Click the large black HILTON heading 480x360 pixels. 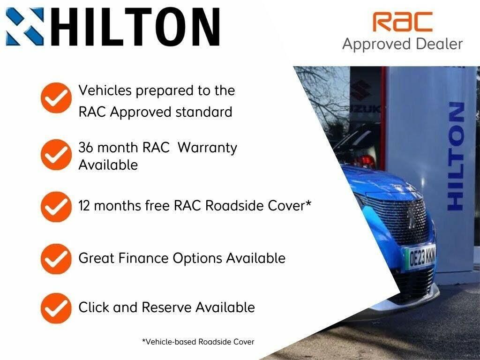point(135,27)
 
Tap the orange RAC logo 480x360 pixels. point(402,22)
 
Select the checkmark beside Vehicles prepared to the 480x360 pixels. point(56,98)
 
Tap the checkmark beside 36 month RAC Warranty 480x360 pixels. point(56,155)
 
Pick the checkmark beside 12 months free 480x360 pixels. point(56,207)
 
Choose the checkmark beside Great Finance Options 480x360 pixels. point(56,259)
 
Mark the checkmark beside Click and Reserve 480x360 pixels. point(56,308)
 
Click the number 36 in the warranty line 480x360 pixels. point(86,148)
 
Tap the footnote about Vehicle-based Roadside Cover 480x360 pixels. point(198,342)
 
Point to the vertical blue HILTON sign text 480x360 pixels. point(456,157)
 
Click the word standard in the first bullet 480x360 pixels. point(204,112)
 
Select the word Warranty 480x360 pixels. point(208,148)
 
